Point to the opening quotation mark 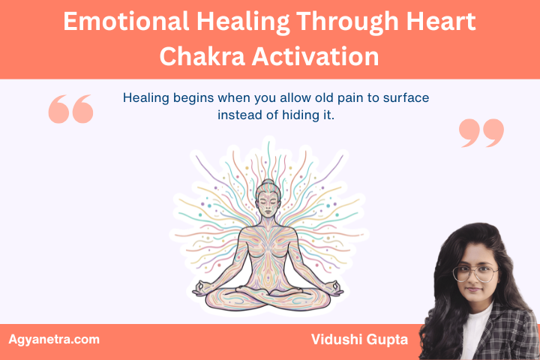pos(70,109)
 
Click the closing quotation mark pos(481,133)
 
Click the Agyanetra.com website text pos(54,340)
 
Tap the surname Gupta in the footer pos(388,340)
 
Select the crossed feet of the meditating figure pos(268,291)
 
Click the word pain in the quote pos(327,98)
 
